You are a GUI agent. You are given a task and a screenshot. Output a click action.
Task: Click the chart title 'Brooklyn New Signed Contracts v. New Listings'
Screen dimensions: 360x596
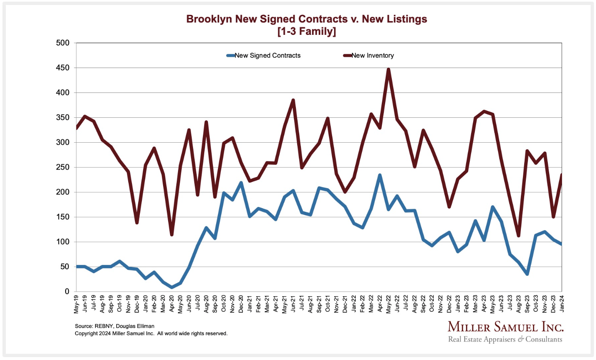(x=306, y=19)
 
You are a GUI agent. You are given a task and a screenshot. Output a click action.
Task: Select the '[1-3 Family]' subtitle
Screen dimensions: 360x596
(x=306, y=32)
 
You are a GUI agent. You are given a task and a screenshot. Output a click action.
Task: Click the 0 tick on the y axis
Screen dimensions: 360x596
(x=67, y=292)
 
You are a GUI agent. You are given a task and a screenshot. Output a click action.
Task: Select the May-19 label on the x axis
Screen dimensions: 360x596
(x=76, y=304)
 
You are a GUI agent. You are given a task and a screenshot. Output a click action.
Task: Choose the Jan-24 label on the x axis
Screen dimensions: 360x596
(x=562, y=304)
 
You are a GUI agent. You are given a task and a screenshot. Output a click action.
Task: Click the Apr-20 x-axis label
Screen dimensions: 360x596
(x=172, y=304)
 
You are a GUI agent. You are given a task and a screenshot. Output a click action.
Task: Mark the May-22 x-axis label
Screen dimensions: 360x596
(x=388, y=304)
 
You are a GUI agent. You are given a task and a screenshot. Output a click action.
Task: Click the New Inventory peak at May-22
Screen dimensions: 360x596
(x=388, y=69)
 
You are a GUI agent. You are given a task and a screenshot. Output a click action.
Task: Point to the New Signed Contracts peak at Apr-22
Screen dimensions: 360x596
(x=380, y=175)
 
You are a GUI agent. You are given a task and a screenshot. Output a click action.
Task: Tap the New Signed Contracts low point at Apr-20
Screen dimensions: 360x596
(x=172, y=287)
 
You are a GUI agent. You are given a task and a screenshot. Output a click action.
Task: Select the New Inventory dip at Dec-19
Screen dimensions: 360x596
(x=137, y=223)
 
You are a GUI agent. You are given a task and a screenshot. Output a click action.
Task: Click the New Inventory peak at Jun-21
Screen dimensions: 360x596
(x=293, y=100)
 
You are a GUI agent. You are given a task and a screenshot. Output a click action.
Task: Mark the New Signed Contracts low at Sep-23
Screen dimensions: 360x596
(x=527, y=274)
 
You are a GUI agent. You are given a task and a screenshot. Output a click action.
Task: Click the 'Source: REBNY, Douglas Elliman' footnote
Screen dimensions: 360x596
(x=115, y=326)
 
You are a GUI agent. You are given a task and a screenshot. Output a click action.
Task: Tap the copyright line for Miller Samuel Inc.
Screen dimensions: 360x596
(x=151, y=333)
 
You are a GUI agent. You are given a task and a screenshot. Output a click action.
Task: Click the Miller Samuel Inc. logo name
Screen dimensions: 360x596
(x=506, y=327)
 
